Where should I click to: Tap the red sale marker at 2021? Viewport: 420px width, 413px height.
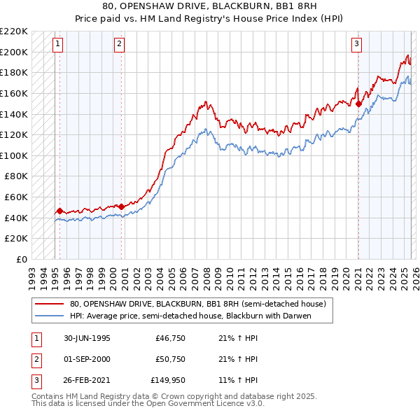click(x=359, y=104)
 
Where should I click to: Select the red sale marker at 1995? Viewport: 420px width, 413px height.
click(x=60, y=210)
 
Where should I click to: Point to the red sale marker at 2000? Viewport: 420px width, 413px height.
click(x=121, y=206)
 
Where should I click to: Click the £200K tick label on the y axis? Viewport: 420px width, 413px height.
click(x=15, y=52)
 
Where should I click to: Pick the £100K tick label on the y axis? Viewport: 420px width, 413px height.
click(x=15, y=155)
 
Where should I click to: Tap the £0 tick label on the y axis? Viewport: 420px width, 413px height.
click(x=20, y=259)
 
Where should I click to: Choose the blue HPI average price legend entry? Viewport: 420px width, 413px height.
click(x=189, y=316)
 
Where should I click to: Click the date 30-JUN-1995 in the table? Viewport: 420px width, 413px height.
click(x=87, y=338)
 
